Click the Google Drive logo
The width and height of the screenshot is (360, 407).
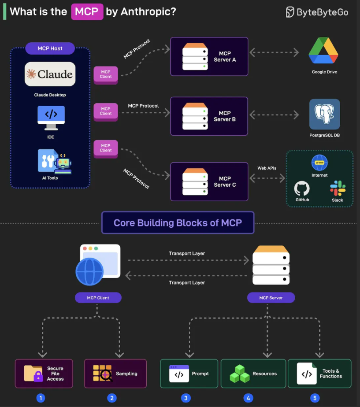tap(323, 52)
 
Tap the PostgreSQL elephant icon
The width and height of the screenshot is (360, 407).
tap(324, 114)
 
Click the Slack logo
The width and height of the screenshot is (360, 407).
tap(338, 188)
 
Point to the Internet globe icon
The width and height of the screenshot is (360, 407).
tap(319, 163)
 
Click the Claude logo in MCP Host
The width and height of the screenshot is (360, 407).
tap(50, 74)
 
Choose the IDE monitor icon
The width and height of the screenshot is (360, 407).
tap(51, 118)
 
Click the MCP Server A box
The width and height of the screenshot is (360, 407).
tap(209, 56)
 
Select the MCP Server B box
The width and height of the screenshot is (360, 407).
tap(209, 116)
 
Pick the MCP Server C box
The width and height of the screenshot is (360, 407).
tap(209, 181)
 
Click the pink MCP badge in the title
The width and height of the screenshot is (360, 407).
tap(87, 11)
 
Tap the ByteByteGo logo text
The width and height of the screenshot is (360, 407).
tap(317, 12)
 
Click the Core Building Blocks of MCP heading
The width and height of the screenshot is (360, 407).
tap(178, 222)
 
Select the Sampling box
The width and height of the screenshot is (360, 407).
tap(115, 374)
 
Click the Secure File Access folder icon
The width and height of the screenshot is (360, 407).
tap(33, 374)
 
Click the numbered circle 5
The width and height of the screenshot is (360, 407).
tap(314, 398)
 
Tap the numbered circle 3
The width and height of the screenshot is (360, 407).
tap(186, 398)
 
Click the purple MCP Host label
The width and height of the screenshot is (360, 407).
tap(50, 48)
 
